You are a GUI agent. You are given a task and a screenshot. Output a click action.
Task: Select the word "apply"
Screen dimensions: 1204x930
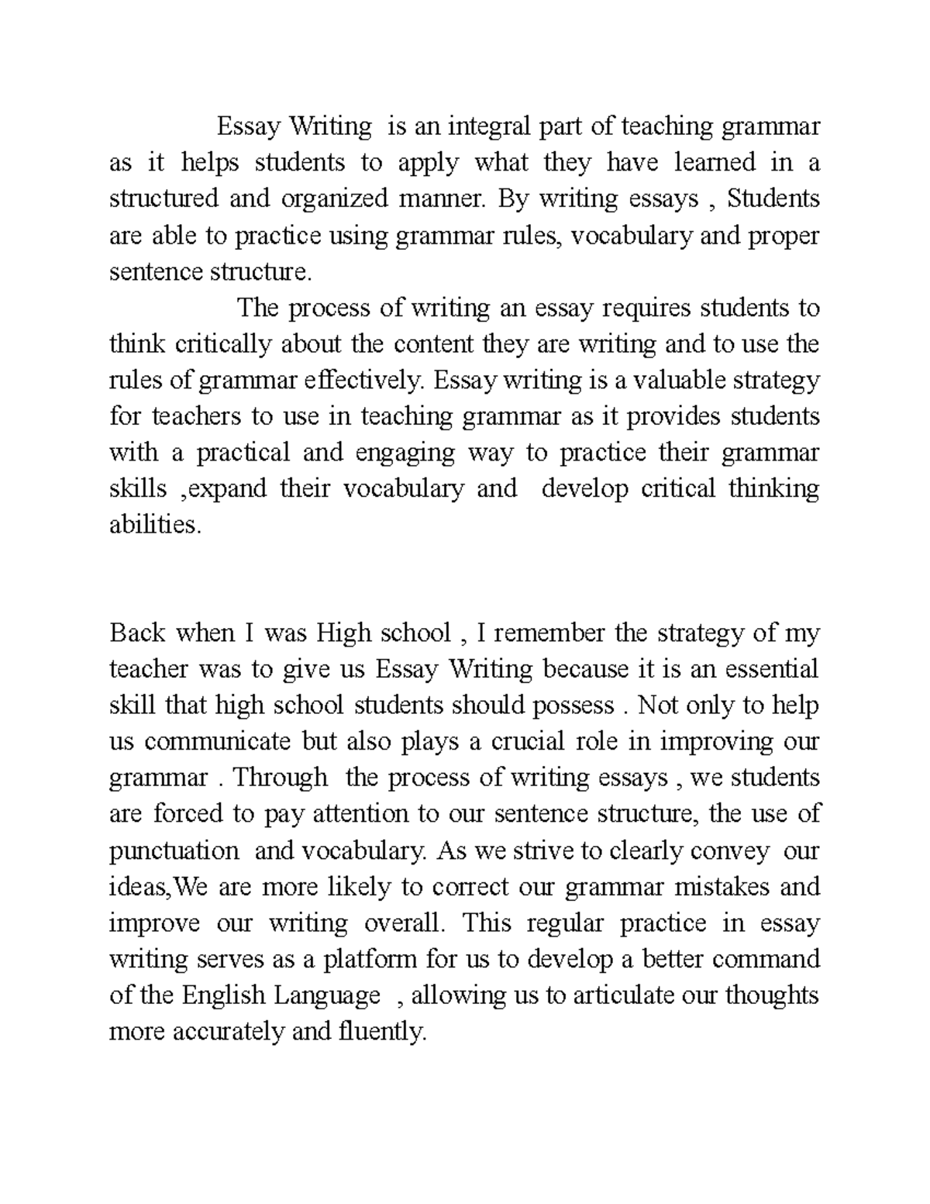[x=429, y=163]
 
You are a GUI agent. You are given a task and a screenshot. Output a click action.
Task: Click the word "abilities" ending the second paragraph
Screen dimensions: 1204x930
[x=154, y=526]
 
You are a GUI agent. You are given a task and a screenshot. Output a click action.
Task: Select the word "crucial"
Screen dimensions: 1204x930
[x=528, y=742]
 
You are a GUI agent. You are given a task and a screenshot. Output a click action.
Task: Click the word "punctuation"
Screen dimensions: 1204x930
[x=174, y=851]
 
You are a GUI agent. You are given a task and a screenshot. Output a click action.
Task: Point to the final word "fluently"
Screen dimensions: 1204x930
[x=382, y=1032]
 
